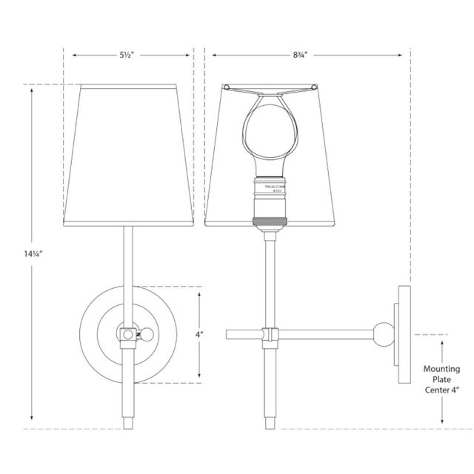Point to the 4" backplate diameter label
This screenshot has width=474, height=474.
tap(199, 334)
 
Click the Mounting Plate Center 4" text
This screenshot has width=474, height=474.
tap(442, 382)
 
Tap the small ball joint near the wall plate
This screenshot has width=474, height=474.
tap(384, 334)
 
